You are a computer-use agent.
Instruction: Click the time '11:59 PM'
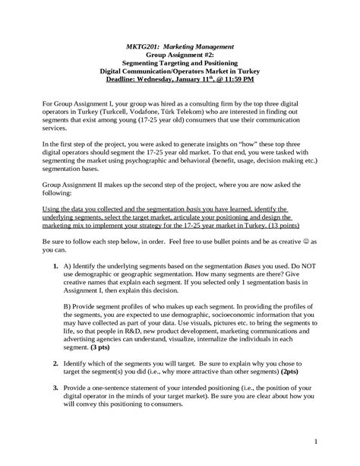coord(240,78)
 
